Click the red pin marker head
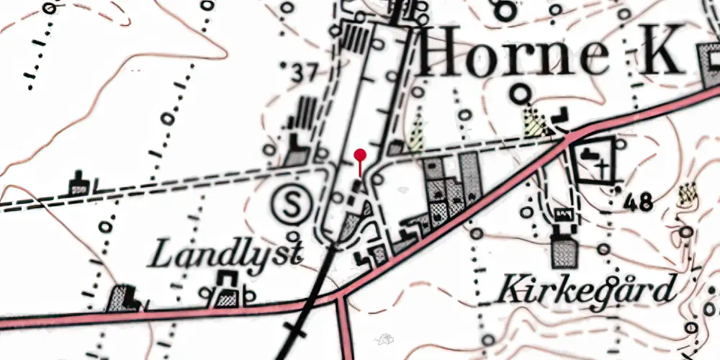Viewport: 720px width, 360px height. (x=361, y=153)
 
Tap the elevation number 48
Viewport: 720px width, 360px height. (x=639, y=202)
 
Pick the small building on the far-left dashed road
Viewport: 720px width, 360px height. (x=79, y=184)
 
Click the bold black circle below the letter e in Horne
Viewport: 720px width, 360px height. (x=519, y=94)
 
